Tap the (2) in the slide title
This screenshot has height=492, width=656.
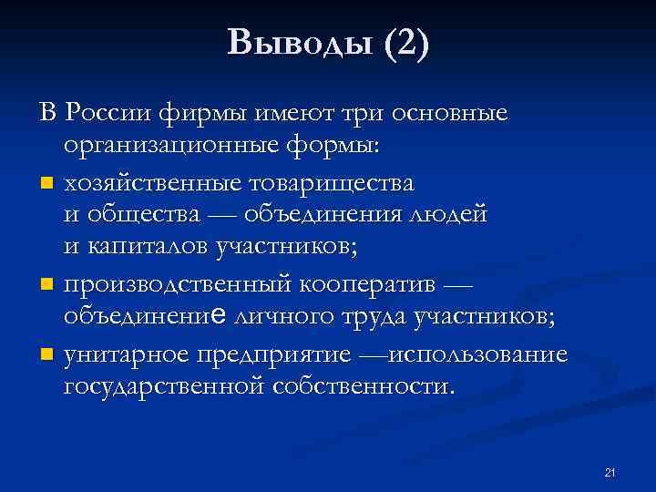click(405, 43)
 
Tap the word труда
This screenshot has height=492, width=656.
click(373, 316)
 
